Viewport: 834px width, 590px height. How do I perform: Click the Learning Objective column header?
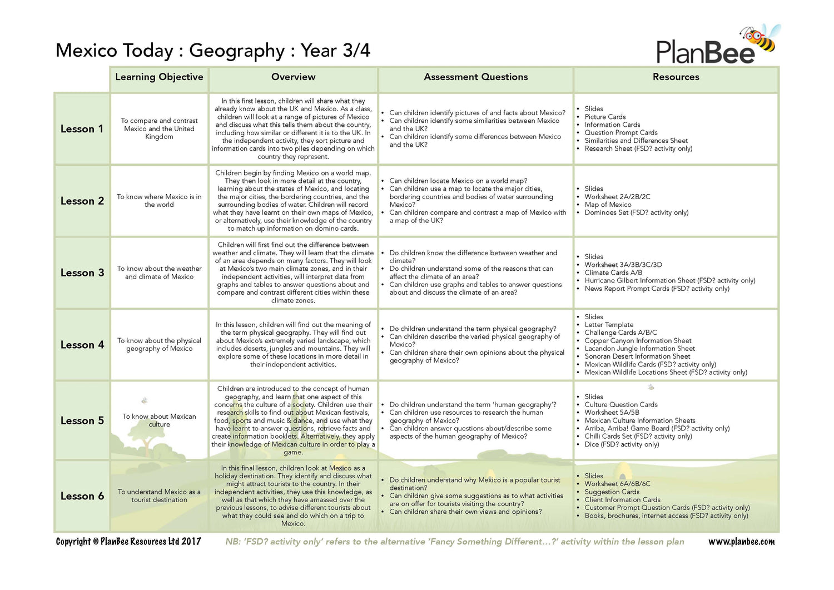pos(159,77)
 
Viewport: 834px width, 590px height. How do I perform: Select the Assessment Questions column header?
pos(475,77)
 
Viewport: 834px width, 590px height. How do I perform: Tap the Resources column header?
pos(676,77)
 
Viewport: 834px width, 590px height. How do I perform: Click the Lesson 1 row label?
pos(82,129)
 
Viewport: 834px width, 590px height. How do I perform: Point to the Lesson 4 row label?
pos(82,345)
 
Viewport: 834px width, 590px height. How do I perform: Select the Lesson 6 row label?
pos(82,496)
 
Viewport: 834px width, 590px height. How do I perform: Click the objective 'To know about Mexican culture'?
pos(159,420)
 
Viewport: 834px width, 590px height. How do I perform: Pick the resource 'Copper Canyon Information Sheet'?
pos(638,340)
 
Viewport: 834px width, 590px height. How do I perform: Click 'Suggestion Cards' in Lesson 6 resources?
pos(612,492)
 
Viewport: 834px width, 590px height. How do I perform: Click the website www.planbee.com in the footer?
pos(741,542)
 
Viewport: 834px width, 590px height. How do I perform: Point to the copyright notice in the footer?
pos(128,542)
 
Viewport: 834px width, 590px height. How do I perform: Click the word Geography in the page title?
pos(237,51)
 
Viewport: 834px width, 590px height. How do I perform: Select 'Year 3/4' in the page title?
pos(335,51)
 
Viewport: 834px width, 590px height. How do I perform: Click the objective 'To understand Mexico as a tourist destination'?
pos(159,495)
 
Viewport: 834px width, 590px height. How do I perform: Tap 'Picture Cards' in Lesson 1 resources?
pos(605,117)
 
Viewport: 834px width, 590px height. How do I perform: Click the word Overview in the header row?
pos(293,77)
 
